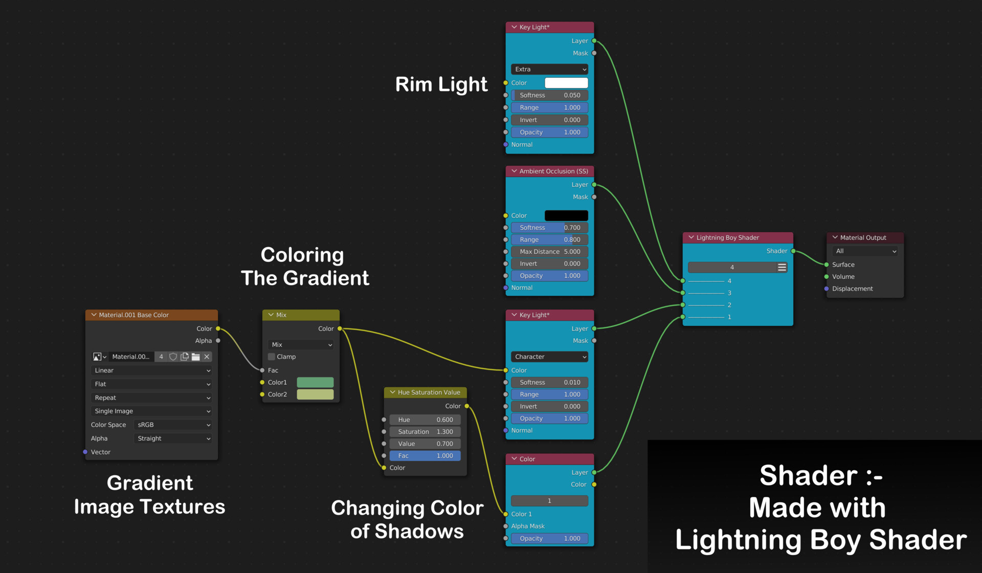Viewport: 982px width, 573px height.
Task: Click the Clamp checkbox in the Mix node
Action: click(272, 357)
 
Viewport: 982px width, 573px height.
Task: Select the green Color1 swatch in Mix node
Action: click(315, 382)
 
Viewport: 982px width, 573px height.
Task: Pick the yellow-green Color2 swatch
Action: click(315, 394)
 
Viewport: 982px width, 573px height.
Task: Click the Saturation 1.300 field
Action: click(425, 432)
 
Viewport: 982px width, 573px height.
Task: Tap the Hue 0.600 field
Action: click(425, 420)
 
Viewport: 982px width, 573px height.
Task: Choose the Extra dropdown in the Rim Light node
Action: click(549, 69)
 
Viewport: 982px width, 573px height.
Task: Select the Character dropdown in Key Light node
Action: click(549, 357)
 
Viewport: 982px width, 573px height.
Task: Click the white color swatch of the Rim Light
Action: click(566, 83)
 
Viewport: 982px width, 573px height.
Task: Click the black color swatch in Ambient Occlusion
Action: click(566, 215)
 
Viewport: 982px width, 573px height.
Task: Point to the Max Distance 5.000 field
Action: click(549, 252)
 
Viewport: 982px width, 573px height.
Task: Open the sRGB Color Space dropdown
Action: click(173, 425)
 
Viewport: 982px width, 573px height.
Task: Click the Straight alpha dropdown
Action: click(173, 438)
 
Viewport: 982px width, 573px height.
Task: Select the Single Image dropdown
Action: click(151, 411)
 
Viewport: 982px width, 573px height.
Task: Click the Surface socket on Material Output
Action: click(827, 265)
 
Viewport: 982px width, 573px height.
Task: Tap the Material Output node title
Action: click(863, 237)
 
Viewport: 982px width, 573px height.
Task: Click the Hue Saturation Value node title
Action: click(429, 392)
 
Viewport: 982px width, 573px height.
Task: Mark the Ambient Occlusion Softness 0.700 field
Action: click(549, 228)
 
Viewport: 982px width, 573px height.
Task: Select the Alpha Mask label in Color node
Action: click(528, 526)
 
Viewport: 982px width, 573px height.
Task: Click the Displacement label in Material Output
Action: click(852, 289)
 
